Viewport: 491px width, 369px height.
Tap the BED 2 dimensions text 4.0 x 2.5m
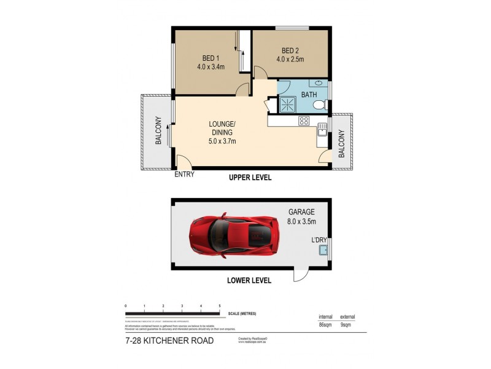(x=290, y=60)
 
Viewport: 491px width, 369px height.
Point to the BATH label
(x=309, y=95)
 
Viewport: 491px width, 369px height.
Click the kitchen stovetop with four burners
(x=303, y=121)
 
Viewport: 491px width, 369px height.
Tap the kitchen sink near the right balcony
(x=322, y=130)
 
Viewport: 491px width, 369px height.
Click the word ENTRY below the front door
(x=185, y=174)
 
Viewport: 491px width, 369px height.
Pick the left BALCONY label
(x=158, y=131)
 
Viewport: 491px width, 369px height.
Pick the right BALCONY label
(x=342, y=143)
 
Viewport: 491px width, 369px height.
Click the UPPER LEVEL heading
(x=250, y=178)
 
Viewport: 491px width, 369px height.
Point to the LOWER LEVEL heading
(x=250, y=280)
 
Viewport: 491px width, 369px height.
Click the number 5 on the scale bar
(x=220, y=306)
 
